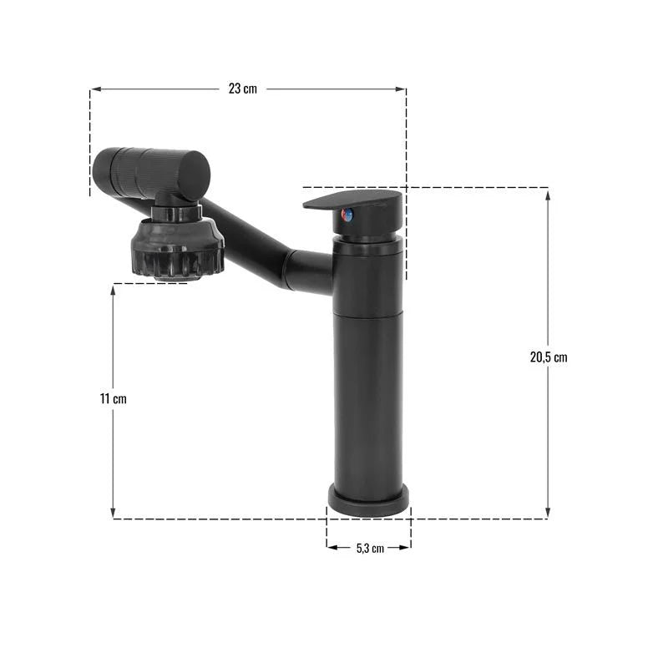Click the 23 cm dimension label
coord(242,89)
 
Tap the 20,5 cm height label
coord(548,357)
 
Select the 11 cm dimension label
coord(114,398)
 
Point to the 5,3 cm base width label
coord(369,548)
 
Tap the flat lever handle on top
coord(355,200)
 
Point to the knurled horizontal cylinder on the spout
coord(151,171)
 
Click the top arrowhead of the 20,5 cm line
coord(548,193)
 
